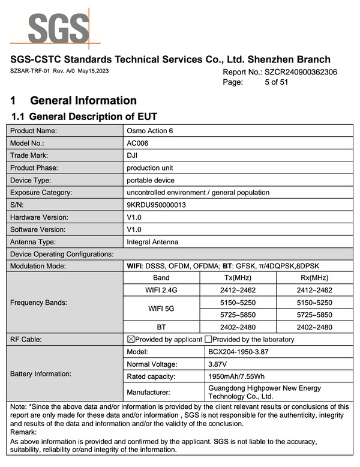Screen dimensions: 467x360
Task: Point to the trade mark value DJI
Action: click(x=133, y=155)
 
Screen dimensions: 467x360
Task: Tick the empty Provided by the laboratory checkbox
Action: click(x=209, y=339)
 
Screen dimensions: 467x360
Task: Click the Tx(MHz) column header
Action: click(x=240, y=278)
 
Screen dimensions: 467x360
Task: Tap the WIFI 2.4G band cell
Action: click(x=161, y=290)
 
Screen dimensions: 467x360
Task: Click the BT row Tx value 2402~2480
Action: click(x=240, y=327)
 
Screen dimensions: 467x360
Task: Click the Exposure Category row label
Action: click(x=41, y=193)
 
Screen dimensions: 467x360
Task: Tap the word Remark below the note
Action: click(x=23, y=432)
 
